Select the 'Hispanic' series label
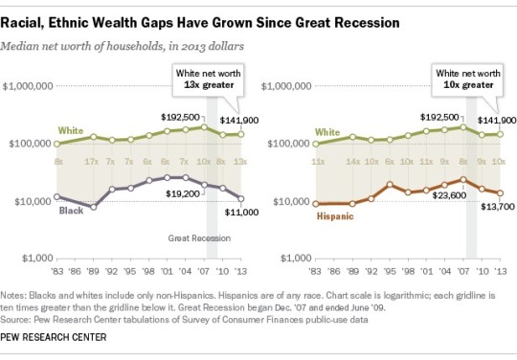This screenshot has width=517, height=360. [x=336, y=217]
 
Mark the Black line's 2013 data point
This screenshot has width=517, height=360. [x=241, y=199]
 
